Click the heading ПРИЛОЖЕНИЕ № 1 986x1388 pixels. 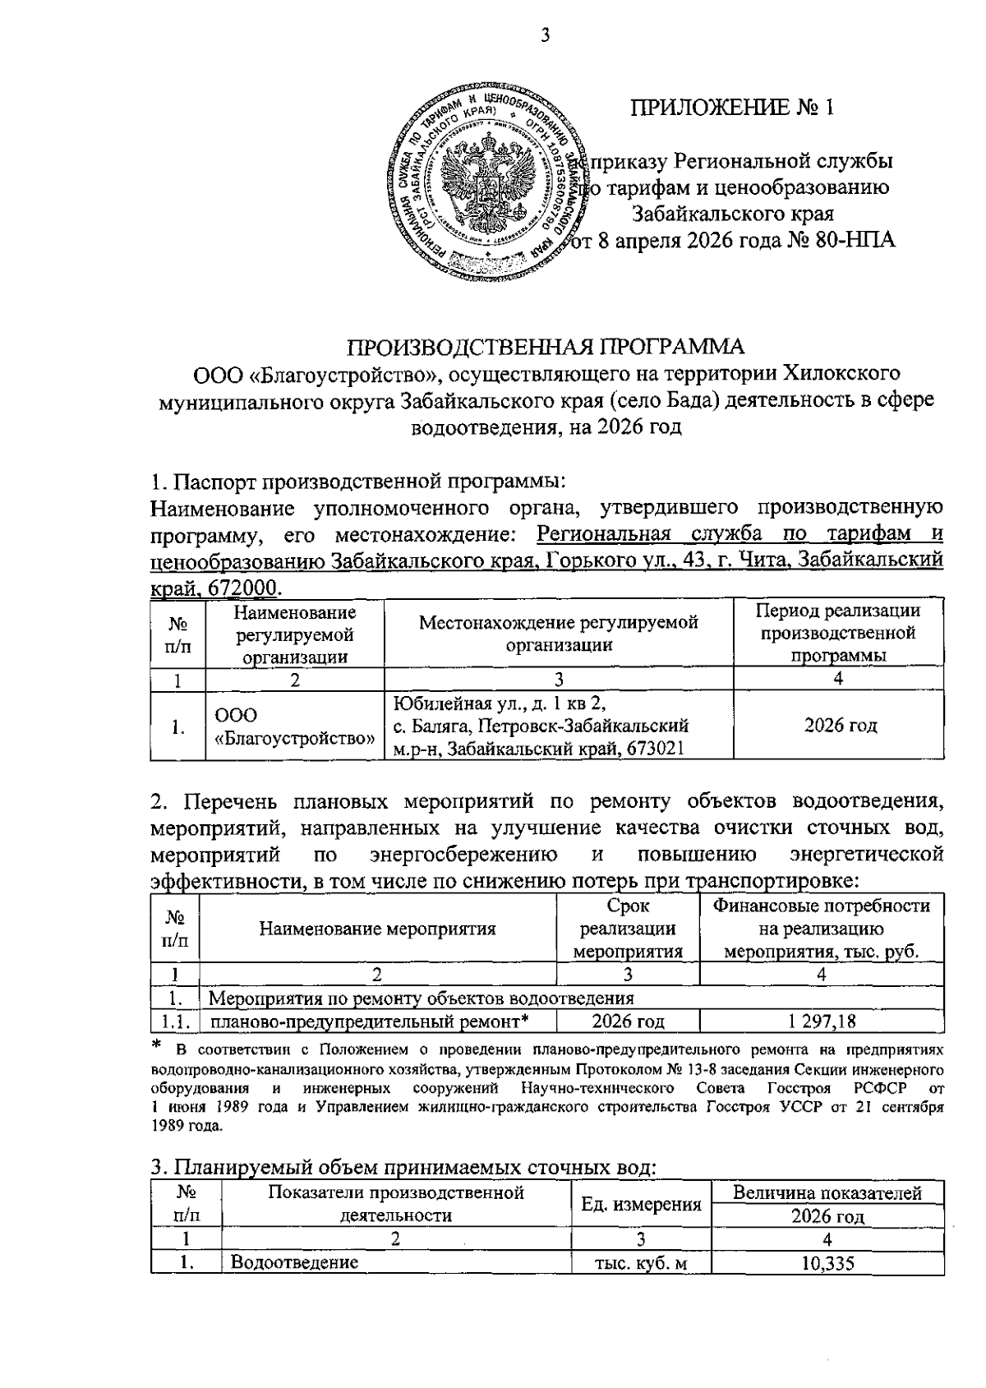click(x=731, y=108)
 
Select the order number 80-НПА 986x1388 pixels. click(x=855, y=241)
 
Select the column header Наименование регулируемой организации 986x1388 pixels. click(x=294, y=634)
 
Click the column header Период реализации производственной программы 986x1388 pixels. click(x=837, y=633)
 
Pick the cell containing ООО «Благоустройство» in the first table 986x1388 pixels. click(x=294, y=726)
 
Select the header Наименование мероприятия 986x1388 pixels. click(x=377, y=929)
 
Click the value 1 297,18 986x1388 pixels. click(x=821, y=1021)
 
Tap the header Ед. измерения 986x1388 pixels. click(x=640, y=1205)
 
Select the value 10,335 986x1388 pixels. click(x=827, y=1263)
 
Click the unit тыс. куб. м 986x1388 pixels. click(x=640, y=1263)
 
